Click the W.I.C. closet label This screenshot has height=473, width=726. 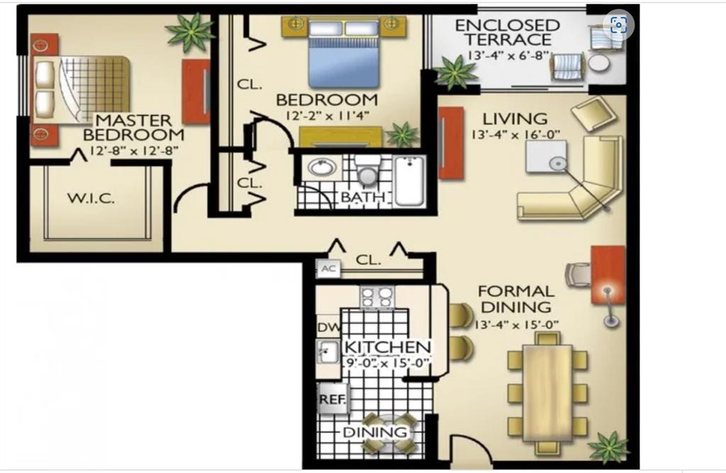click(x=91, y=199)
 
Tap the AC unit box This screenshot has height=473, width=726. click(x=328, y=269)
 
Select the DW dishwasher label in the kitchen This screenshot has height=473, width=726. click(x=328, y=327)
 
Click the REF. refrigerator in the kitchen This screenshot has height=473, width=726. click(x=332, y=399)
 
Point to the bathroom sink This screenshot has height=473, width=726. click(x=323, y=168)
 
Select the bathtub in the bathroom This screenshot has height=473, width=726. click(x=410, y=181)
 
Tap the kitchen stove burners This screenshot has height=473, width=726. click(x=377, y=296)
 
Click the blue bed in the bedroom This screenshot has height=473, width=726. click(x=344, y=60)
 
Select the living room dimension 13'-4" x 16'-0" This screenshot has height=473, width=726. click(x=515, y=135)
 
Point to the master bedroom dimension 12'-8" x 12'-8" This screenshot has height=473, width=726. click(x=133, y=150)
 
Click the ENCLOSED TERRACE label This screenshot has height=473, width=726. click(x=508, y=33)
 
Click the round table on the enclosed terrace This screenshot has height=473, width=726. click(x=599, y=63)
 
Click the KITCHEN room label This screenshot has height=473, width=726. click(x=387, y=347)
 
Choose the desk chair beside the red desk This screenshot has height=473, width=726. click(x=578, y=273)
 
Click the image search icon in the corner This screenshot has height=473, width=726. click(x=618, y=26)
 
